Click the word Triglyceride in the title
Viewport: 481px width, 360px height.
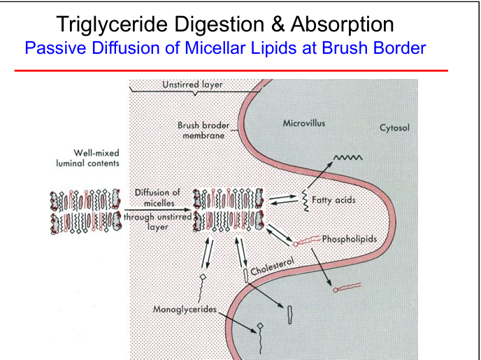point(112,24)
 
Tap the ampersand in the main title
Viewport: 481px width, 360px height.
point(278,24)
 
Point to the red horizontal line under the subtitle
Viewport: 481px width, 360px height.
point(231,71)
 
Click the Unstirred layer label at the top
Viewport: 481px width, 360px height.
point(192,85)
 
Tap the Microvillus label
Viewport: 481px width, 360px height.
point(303,123)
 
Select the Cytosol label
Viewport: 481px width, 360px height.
point(394,127)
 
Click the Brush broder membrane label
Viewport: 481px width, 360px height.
point(203,130)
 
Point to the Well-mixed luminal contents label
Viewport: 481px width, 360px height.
point(87,158)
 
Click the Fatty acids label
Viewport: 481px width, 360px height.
point(333,200)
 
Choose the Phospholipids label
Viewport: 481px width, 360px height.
point(350,239)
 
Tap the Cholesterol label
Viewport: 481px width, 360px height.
point(273,266)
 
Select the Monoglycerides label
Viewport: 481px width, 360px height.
point(185,309)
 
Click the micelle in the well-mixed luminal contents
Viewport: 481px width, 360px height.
point(85,211)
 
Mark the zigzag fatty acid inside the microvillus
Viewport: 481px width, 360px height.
point(348,157)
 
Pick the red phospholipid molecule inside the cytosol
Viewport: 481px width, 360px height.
point(347,287)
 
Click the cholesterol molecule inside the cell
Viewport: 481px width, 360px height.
point(290,315)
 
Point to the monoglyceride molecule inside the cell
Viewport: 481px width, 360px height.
point(260,338)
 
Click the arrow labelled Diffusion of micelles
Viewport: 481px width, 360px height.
point(158,210)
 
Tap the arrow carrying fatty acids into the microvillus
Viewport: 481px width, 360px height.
point(320,175)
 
